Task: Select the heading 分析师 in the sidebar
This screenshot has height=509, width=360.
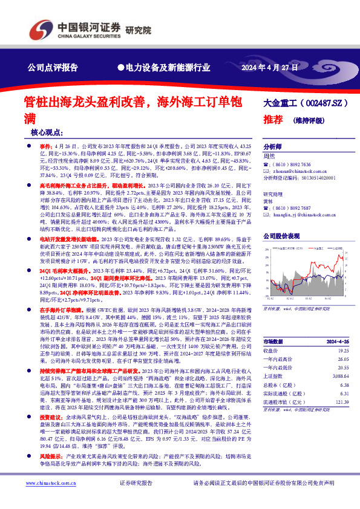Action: click(272, 147)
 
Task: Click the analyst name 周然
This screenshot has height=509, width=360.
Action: click(270, 156)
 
